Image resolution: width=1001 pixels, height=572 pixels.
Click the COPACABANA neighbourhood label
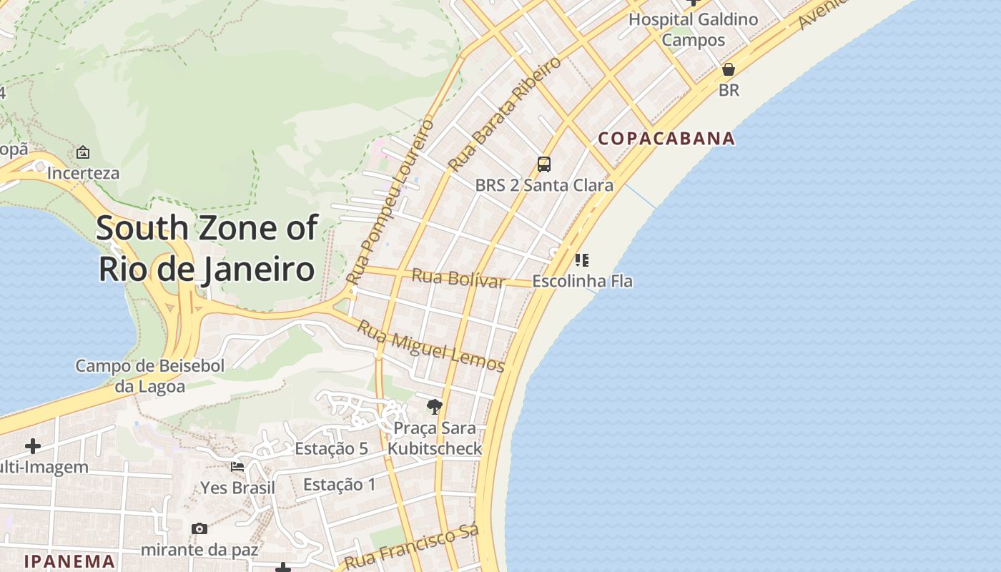(x=666, y=139)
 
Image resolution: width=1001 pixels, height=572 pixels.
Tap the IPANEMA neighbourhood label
(x=69, y=561)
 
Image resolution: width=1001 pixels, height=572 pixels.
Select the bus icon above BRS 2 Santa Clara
(x=544, y=164)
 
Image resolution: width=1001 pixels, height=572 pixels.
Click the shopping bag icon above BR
(x=729, y=69)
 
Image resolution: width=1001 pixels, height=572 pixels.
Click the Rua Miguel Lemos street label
(x=430, y=347)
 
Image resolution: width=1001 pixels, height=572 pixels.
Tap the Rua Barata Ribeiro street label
(x=505, y=114)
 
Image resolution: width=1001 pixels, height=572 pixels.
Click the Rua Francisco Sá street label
(x=410, y=547)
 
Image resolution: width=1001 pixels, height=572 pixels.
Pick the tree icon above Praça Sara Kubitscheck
(x=434, y=407)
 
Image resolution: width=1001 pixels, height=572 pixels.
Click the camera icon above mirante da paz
(x=199, y=529)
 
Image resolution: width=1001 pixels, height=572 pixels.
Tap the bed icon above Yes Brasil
(x=237, y=467)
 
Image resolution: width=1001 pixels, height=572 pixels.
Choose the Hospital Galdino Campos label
(x=693, y=29)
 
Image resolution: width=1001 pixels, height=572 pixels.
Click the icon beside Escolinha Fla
(x=582, y=260)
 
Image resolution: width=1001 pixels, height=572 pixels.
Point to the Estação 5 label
(x=331, y=449)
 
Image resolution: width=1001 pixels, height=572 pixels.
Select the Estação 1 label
(x=339, y=485)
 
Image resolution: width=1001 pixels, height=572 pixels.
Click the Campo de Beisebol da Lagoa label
(x=150, y=376)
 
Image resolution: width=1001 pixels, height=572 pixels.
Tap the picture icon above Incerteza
(x=83, y=152)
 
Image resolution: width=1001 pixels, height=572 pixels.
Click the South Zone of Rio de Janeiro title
(x=207, y=249)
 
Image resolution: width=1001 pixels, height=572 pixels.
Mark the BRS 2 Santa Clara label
(x=544, y=185)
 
